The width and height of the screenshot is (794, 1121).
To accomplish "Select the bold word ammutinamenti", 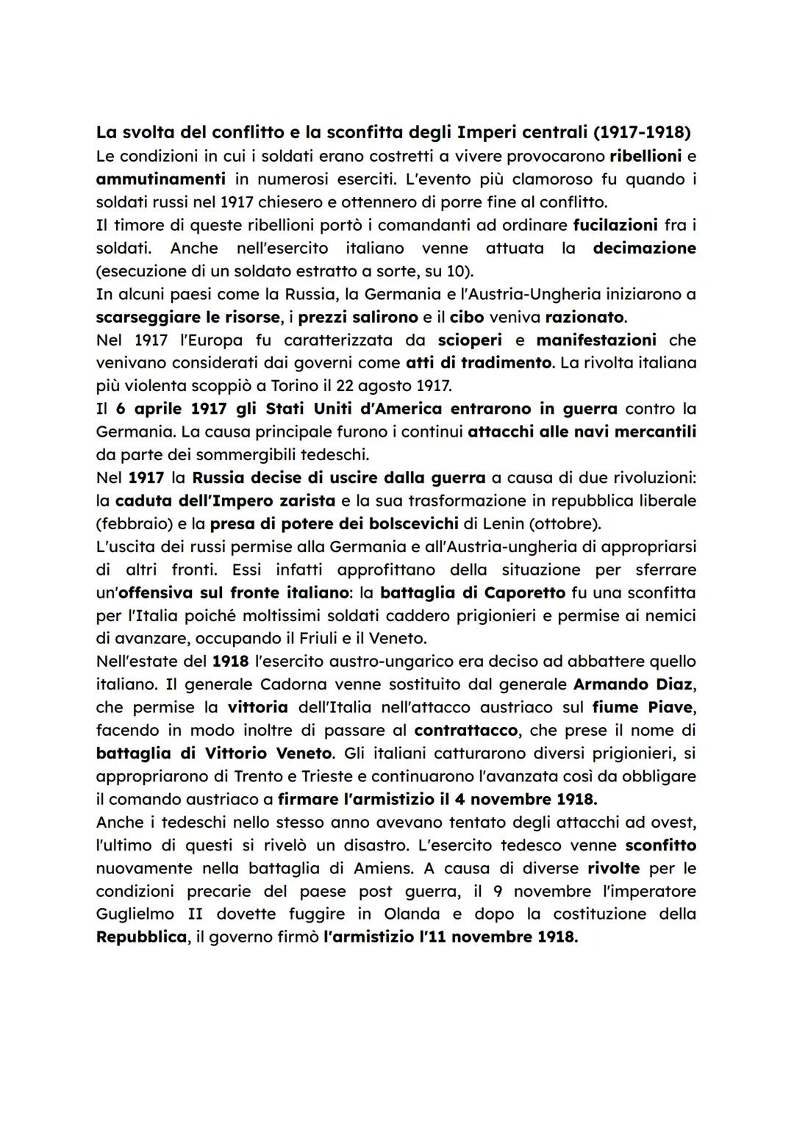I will tap(160, 179).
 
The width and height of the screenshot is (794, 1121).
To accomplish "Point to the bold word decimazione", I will tap(644, 248).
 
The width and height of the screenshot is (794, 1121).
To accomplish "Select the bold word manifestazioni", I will tap(595, 340).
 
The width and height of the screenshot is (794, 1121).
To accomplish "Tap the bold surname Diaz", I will tap(672, 684).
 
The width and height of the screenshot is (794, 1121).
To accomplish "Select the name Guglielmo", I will tap(134, 914).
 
